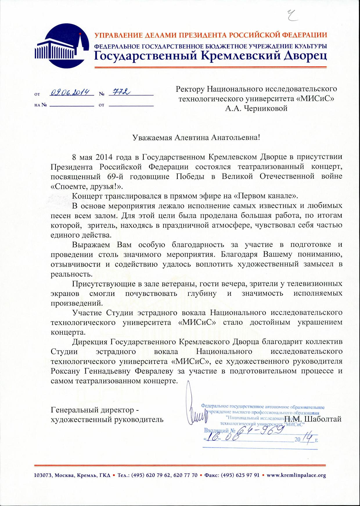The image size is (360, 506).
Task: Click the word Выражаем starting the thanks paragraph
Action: point(91,245)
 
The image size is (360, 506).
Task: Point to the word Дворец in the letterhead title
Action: point(305,55)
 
